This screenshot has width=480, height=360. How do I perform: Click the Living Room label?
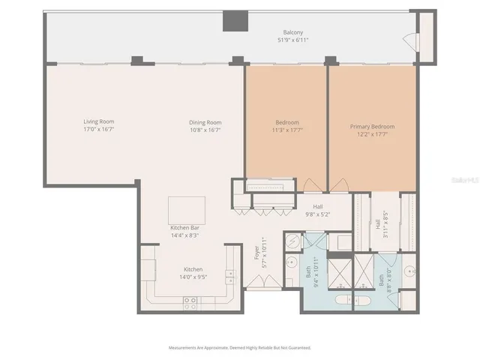[98, 121]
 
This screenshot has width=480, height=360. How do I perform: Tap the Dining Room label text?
[204, 121]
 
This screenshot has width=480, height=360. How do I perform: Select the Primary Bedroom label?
[372, 127]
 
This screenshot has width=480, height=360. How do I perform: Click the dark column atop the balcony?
[235, 21]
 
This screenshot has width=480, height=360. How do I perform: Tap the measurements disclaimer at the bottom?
[240, 347]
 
